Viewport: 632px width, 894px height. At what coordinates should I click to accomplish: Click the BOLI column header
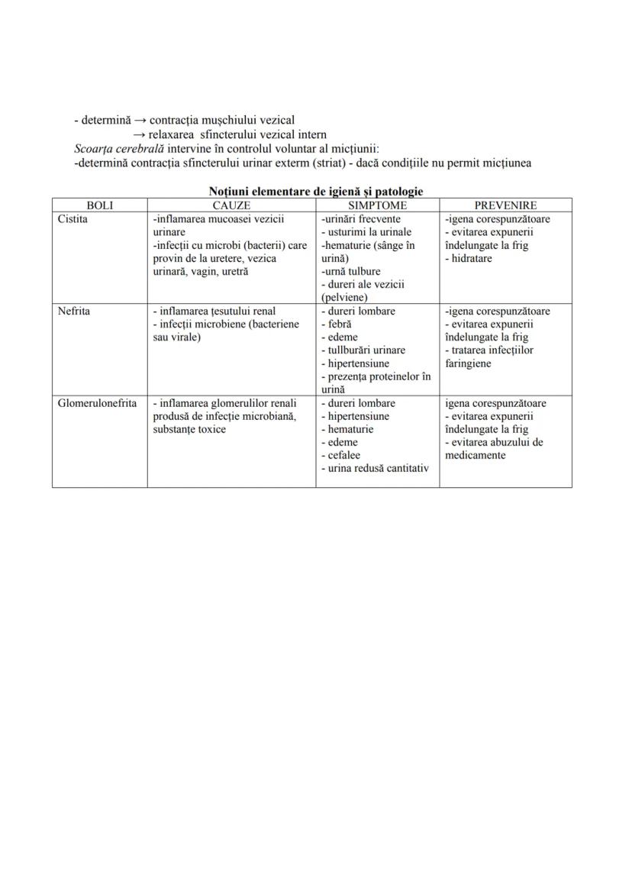100,205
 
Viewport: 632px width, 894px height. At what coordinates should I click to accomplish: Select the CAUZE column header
231,205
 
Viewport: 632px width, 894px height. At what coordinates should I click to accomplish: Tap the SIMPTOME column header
378,205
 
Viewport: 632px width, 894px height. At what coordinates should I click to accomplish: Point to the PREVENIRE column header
505,205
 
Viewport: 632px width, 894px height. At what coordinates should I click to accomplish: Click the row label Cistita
73,219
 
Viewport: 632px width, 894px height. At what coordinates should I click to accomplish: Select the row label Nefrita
74,311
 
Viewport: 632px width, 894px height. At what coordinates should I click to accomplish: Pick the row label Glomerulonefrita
98,403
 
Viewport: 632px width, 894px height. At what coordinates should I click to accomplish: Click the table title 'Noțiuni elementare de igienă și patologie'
315,192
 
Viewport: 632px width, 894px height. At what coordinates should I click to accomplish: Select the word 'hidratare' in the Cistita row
472,258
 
